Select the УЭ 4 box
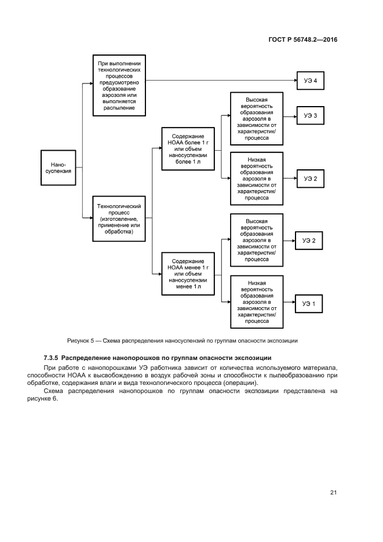[310, 81]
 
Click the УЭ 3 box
[310, 116]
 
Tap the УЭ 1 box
[310, 303]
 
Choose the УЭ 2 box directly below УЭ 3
[310, 179]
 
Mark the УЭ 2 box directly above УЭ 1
[310, 241]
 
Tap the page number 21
[333, 493]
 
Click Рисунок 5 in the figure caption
[81, 340]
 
